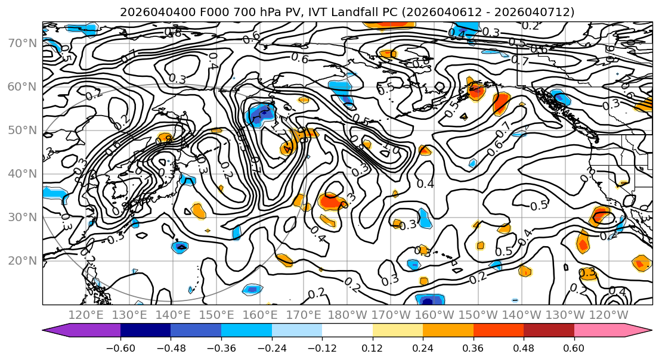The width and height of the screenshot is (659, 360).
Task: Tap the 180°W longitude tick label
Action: pyautogui.click(x=348, y=315)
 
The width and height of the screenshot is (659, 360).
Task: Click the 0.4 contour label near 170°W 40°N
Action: pyautogui.click(x=425, y=184)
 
